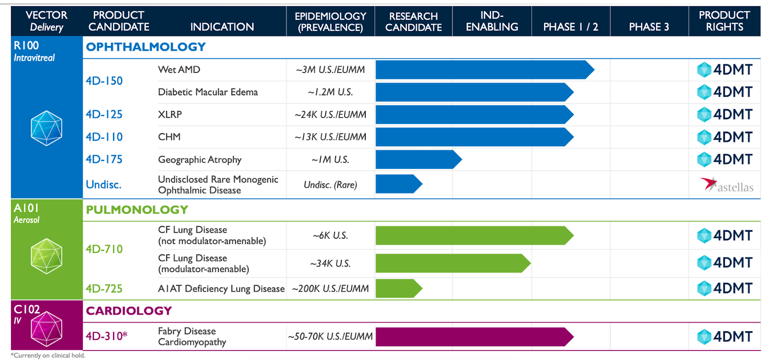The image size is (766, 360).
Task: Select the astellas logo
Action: click(727, 185)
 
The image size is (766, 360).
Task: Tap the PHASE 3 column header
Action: click(649, 27)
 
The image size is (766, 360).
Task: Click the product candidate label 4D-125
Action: click(104, 114)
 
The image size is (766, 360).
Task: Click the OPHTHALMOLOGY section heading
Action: click(146, 47)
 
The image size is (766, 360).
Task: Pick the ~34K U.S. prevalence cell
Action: click(330, 263)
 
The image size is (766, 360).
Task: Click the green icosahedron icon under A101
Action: click(46, 256)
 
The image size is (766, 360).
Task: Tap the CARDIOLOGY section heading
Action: click(129, 311)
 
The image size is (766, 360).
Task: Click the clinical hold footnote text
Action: click(48, 355)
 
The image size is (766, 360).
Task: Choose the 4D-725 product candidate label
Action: click(104, 289)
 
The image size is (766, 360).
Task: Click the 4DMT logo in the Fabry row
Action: click(725, 337)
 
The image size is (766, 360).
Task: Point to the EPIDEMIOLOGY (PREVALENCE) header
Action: click(330, 22)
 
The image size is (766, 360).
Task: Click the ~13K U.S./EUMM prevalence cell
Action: click(330, 137)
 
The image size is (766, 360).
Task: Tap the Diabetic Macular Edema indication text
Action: click(208, 92)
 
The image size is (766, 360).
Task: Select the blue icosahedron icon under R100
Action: click(46, 128)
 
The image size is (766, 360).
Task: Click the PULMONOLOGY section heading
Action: click(137, 210)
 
